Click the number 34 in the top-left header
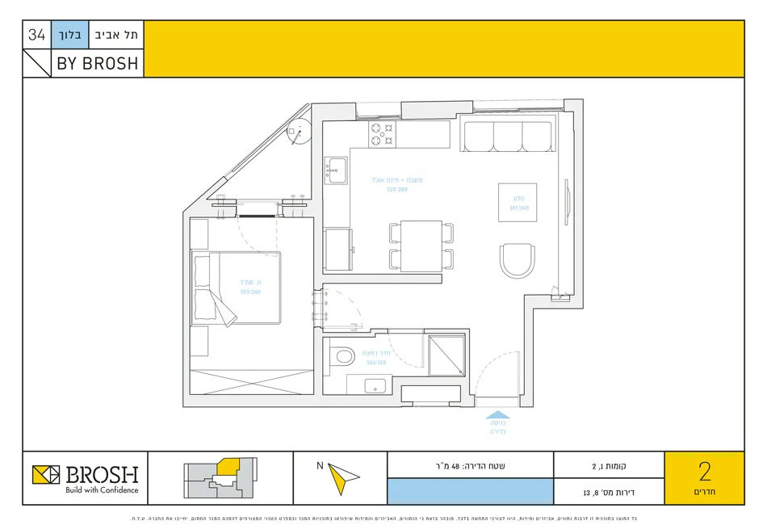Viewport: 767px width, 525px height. pos(36,35)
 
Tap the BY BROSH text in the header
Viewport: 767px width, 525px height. pos(97,64)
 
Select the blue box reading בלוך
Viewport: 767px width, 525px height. pos(68,35)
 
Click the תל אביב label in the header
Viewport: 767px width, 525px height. pos(114,35)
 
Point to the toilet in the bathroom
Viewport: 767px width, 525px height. pos(342,355)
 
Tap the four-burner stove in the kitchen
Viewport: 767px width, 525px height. pos(382,135)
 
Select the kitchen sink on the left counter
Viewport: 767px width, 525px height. pos(336,170)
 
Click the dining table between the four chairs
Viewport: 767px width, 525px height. pos(421,246)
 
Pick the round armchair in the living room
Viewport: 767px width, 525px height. pos(518,261)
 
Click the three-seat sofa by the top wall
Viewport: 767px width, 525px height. pos(506,136)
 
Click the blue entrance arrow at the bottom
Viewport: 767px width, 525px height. pos(496,420)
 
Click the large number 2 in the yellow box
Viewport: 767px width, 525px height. pos(703,471)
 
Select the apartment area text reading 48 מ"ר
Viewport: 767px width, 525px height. pos(471,465)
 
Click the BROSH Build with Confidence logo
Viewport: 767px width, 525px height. pos(86,477)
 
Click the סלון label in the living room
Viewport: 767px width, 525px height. pos(518,198)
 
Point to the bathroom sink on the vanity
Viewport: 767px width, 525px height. pos(376,385)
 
